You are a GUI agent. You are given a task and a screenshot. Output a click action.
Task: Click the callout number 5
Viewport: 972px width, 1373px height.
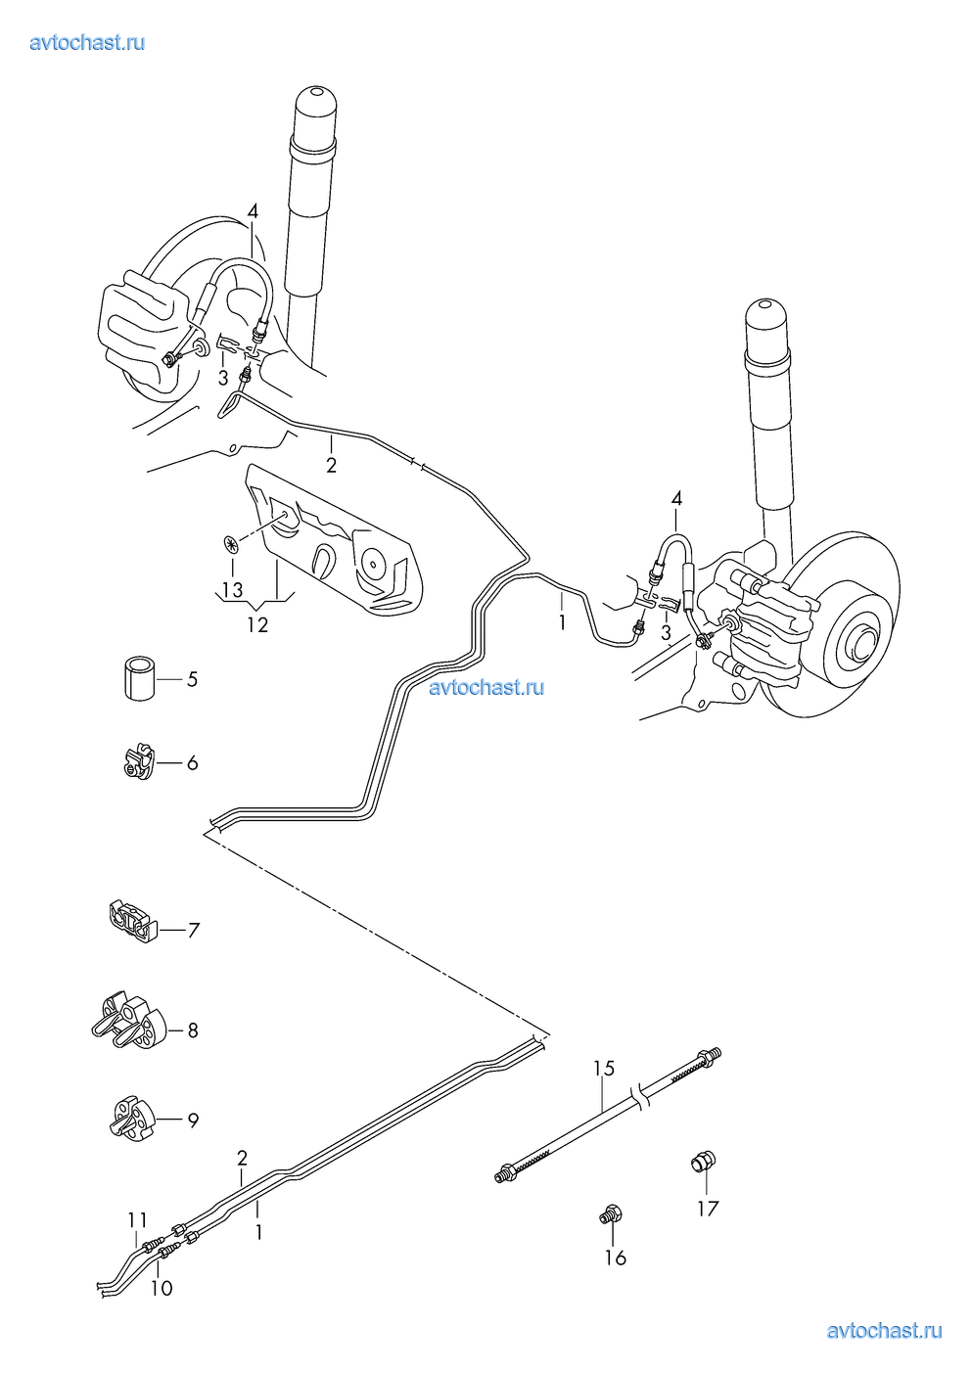pos(192,678)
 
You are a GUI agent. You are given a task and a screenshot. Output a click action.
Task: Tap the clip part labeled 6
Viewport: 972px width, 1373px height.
pos(139,760)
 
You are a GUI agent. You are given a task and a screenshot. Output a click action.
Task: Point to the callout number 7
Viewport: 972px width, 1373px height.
pos(193,930)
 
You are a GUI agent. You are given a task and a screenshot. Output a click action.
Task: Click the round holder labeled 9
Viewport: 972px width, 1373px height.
pos(133,1119)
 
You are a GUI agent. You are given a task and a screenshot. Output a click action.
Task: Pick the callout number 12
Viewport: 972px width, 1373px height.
pos(256,624)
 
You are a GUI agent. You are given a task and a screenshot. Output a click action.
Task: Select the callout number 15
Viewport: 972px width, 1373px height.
pos(604,1069)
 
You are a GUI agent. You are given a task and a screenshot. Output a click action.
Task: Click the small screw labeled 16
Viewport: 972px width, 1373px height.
pos(612,1216)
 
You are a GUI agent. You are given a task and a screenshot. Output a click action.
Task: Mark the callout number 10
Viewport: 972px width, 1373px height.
pos(162,1288)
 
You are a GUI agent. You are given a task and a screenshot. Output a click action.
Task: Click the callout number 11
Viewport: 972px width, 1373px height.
pos(136,1219)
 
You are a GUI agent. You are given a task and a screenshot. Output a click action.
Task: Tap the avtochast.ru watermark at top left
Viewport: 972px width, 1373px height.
pos(88,42)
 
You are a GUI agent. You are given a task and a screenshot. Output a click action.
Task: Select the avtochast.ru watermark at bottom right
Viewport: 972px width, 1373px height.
pos(884,1330)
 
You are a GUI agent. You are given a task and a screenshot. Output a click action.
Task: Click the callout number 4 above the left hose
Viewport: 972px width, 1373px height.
pos(253,211)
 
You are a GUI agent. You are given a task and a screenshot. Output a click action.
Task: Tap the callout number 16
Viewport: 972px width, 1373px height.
pos(615,1258)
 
